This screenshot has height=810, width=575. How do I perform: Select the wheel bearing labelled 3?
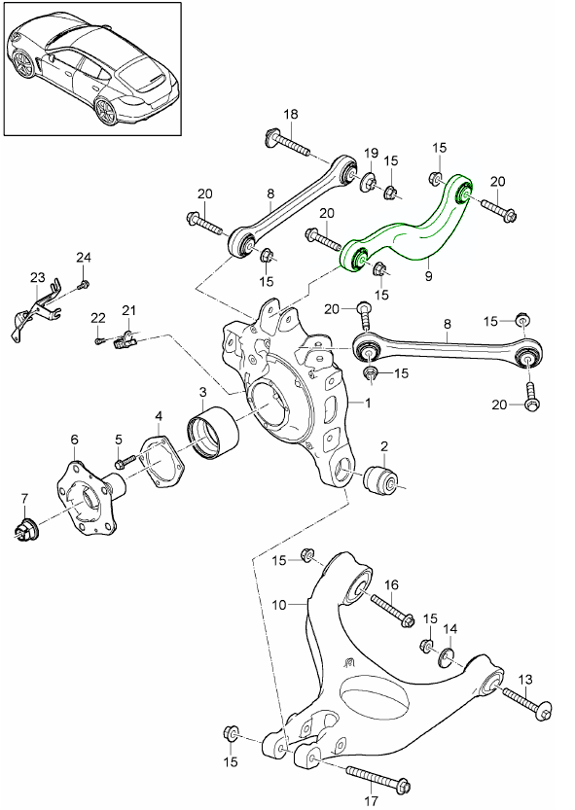pyautogui.click(x=210, y=432)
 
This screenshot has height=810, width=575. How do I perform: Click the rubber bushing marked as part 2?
pyautogui.click(x=381, y=479)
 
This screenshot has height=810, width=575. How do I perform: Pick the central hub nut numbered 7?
pyautogui.click(x=27, y=530)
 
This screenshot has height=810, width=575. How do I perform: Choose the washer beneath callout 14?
pyautogui.click(x=449, y=657)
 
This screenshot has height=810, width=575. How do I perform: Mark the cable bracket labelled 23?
pyautogui.click(x=35, y=310)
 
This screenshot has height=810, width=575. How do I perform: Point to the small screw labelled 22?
pyautogui.click(x=99, y=340)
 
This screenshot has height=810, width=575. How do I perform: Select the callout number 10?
pyautogui.click(x=279, y=604)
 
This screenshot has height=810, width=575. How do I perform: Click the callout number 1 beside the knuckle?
pyautogui.click(x=368, y=401)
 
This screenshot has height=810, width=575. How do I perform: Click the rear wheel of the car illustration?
pyautogui.click(x=105, y=111)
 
